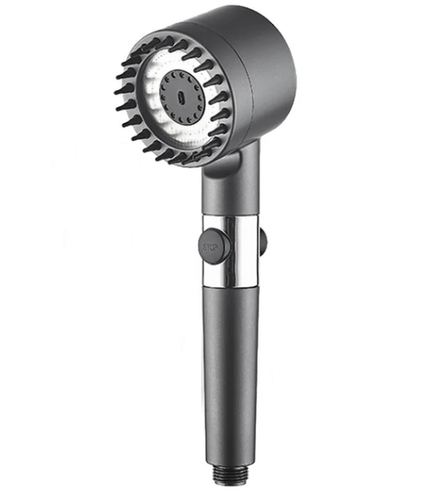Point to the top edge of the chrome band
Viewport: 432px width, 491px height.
(x=231, y=216)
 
